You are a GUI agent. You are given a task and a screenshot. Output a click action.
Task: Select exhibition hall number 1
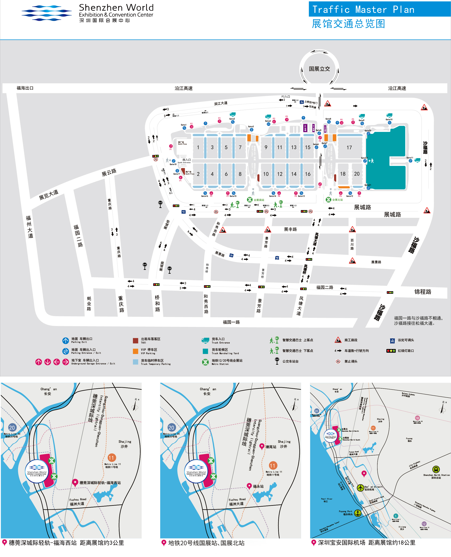click(x=198, y=147)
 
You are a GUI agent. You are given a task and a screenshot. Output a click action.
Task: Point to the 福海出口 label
click(x=25, y=88)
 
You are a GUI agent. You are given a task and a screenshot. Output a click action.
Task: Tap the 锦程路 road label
click(x=423, y=292)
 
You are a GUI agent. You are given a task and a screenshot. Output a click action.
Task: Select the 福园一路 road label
click(x=231, y=322)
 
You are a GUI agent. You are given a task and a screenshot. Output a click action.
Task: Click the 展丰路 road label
click(x=290, y=229)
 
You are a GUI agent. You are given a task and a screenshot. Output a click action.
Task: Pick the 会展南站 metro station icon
click(x=250, y=200)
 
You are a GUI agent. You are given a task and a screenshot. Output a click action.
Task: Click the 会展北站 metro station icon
click(x=328, y=200)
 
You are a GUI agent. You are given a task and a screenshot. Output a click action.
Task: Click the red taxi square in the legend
click(x=135, y=341)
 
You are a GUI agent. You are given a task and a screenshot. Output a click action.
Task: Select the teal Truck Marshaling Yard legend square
click(x=205, y=351)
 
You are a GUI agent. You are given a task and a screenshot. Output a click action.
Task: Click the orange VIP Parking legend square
click(x=135, y=351)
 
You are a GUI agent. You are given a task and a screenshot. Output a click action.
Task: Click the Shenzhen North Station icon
click(x=436, y=469)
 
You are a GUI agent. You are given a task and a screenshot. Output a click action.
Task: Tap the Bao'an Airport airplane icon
click(x=360, y=488)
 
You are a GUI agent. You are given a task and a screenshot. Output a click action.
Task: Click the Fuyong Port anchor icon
click(x=358, y=513)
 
